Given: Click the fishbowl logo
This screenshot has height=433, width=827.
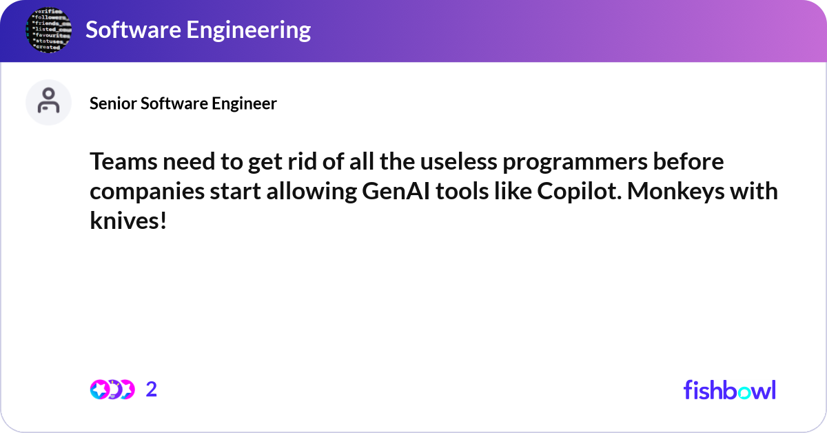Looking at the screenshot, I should point(729,390).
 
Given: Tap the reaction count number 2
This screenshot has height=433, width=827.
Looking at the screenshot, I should point(152,390).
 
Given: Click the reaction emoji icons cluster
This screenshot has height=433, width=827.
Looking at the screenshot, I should point(112,390).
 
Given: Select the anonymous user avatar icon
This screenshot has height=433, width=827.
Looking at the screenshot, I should point(48,102).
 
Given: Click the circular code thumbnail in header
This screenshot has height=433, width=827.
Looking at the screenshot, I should point(48,30).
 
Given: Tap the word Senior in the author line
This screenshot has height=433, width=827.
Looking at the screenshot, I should point(114,103).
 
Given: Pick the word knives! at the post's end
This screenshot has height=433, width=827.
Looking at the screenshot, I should point(128,221).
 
